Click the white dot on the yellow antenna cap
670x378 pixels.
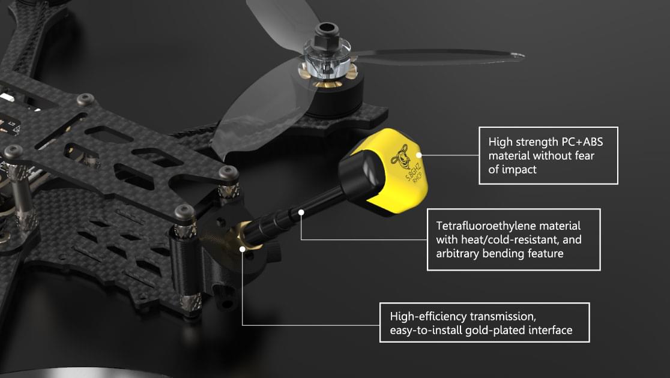click(x=419, y=155)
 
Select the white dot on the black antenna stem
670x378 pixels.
click(x=301, y=212)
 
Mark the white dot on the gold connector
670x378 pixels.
click(x=243, y=248)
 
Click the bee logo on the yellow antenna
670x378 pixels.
click(x=401, y=155)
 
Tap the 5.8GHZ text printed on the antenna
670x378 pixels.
click(x=413, y=171)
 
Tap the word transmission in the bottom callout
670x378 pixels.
click(x=503, y=316)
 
